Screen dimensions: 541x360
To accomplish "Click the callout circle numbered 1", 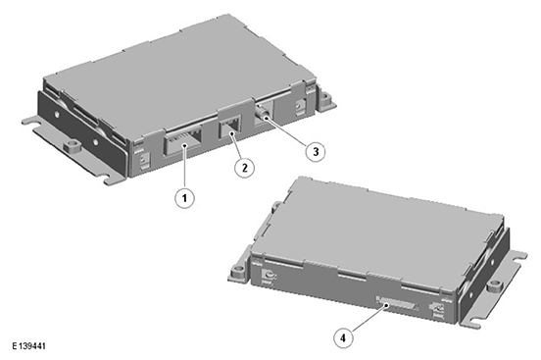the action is (x=184, y=198).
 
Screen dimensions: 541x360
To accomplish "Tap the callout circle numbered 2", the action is (x=245, y=168).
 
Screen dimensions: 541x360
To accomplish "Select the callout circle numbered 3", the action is (x=316, y=151).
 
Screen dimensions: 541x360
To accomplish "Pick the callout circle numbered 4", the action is (x=343, y=337).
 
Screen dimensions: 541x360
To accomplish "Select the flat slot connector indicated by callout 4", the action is (x=397, y=304).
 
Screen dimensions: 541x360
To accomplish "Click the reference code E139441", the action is (x=28, y=346).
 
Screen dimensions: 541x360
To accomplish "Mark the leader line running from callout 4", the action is (x=369, y=318).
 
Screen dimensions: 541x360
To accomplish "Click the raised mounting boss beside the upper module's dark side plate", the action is (x=73, y=145).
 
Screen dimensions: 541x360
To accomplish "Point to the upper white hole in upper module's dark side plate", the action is (x=57, y=114).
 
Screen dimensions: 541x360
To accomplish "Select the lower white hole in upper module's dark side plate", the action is (x=95, y=141).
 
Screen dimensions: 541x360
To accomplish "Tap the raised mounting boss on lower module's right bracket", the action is (x=495, y=285).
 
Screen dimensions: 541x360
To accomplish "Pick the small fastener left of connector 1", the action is (x=142, y=161).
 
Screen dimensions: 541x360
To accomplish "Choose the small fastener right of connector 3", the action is (x=298, y=104).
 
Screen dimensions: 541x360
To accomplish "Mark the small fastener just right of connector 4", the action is (x=437, y=308).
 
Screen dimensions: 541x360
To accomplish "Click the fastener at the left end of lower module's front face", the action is (x=269, y=276).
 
